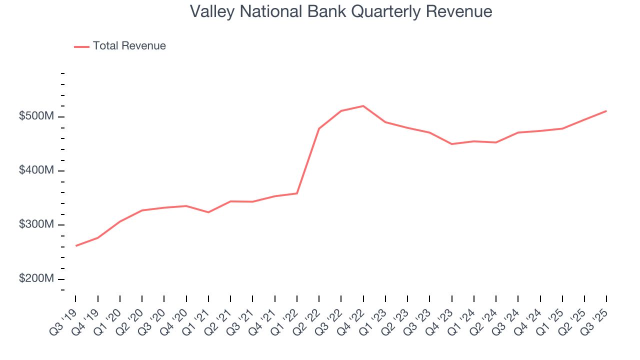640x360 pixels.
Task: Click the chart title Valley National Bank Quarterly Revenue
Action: coord(341,11)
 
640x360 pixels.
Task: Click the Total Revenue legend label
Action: coord(129,46)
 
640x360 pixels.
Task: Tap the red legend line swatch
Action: coord(81,46)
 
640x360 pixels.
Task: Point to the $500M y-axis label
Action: coord(36,116)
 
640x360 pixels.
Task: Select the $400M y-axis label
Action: coord(36,170)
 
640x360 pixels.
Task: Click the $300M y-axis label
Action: coord(36,224)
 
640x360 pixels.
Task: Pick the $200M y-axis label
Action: coord(36,278)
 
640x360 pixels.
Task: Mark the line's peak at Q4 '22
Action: coord(363,106)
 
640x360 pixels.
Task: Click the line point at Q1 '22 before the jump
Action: coord(297,193)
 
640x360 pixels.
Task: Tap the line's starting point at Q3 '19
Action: coord(76,245)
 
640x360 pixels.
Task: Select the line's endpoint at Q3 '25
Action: coord(606,111)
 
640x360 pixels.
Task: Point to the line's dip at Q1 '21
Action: coord(208,212)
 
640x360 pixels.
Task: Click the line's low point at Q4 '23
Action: coord(451,144)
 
